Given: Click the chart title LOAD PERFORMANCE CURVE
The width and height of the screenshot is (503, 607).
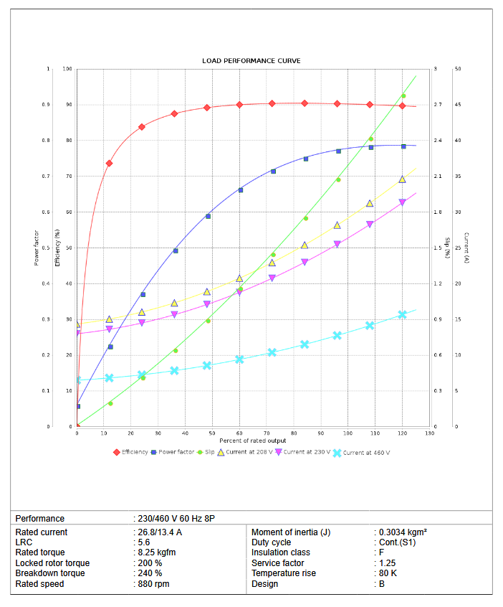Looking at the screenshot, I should coord(251,61).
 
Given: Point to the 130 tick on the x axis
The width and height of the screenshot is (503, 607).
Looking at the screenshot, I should coord(429,433).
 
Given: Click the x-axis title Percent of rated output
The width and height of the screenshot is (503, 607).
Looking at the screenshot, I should coord(252,441).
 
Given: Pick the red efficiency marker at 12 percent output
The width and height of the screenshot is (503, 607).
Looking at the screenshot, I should coord(110,164).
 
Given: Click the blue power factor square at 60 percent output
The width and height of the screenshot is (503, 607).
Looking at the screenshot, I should coord(240,190).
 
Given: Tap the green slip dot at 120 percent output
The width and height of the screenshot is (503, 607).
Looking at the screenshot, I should coord(403,96).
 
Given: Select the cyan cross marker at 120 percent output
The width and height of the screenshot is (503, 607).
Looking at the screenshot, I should coord(403,314).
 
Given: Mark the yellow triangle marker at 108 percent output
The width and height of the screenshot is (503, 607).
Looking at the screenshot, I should coord(370,203).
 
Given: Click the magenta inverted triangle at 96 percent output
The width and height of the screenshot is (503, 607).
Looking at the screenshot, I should coord(337,245).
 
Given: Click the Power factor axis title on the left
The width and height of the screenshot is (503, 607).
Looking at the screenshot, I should coord(37,248).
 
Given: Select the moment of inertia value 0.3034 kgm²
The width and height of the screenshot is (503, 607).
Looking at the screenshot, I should coord(403,532).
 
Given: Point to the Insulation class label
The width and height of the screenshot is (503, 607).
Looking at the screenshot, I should coord(281,552).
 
